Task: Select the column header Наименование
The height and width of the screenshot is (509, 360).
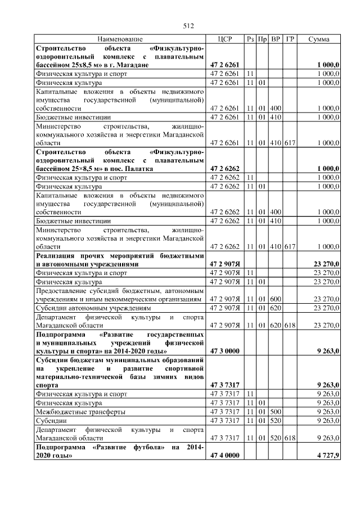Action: tap(120, 39)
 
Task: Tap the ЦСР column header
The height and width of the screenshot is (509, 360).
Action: tap(224, 39)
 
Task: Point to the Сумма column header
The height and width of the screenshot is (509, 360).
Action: tap(319, 39)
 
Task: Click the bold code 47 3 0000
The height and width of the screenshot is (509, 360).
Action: tap(225, 351)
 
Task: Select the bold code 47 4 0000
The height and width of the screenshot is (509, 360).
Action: tap(225, 456)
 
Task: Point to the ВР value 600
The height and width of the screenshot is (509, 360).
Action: tap(276, 299)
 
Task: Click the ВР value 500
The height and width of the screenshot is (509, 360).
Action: tap(276, 412)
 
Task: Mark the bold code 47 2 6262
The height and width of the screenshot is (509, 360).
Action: tap(225, 168)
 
